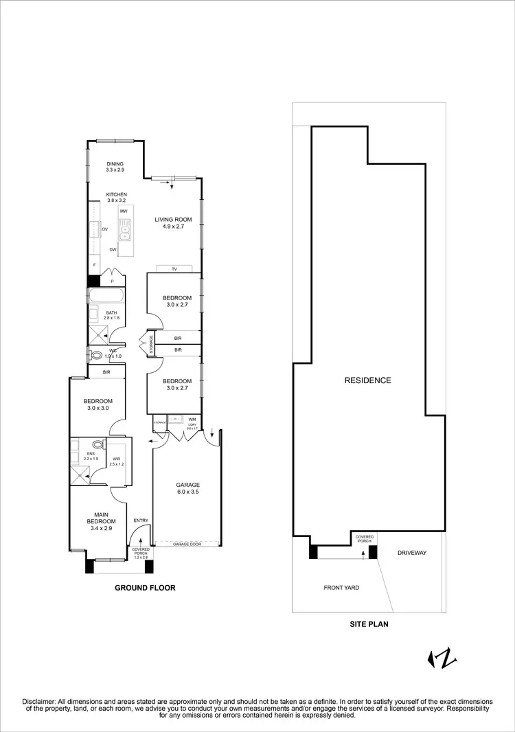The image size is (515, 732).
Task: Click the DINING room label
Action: coord(115,164)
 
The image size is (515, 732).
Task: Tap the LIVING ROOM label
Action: coord(173,220)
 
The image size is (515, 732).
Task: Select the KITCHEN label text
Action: coord(116,195)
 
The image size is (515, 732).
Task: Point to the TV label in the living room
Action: coord(174,268)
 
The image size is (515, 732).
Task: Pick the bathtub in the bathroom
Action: coord(106,296)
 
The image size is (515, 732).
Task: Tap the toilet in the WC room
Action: coord(97,355)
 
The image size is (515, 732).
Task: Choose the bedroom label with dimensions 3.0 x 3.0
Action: coord(98,404)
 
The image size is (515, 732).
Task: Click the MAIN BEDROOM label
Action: coord(98,519)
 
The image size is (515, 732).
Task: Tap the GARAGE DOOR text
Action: coord(186,543)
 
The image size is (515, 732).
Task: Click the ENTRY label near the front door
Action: coord(141,521)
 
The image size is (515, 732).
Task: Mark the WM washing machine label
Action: coord(192,419)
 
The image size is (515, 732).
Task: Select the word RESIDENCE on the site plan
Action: coord(367,380)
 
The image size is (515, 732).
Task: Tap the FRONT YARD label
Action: coord(341,588)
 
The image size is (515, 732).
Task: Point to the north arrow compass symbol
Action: coord(442,659)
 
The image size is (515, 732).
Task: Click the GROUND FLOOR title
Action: coord(145,588)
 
